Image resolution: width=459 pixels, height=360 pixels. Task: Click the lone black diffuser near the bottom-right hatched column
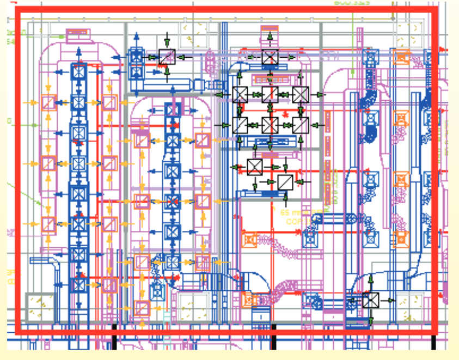tap(370, 300)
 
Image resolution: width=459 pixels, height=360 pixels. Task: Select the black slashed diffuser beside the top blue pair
tap(167, 56)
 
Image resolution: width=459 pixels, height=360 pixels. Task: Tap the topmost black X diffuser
tap(270, 56)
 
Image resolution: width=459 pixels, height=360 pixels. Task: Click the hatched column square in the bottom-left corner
tap(40, 307)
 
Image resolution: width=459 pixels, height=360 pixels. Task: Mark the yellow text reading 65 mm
tap(292, 213)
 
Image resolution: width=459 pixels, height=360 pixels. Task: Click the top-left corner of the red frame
tap(17, 10)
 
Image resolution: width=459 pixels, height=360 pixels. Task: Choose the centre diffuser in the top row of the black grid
tap(270, 95)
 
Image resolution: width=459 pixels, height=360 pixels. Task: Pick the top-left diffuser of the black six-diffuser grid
tap(240, 95)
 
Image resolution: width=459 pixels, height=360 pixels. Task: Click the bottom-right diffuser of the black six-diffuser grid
tap(300, 125)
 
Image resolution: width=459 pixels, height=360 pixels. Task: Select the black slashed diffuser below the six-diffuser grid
tap(285, 182)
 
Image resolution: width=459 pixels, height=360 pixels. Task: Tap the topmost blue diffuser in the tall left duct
tap(79, 71)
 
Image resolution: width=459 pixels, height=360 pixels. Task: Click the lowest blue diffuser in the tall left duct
tap(79, 284)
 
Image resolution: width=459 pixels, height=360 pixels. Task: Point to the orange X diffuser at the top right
tap(401, 57)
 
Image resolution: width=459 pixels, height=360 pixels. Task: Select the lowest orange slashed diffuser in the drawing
tap(142, 308)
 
